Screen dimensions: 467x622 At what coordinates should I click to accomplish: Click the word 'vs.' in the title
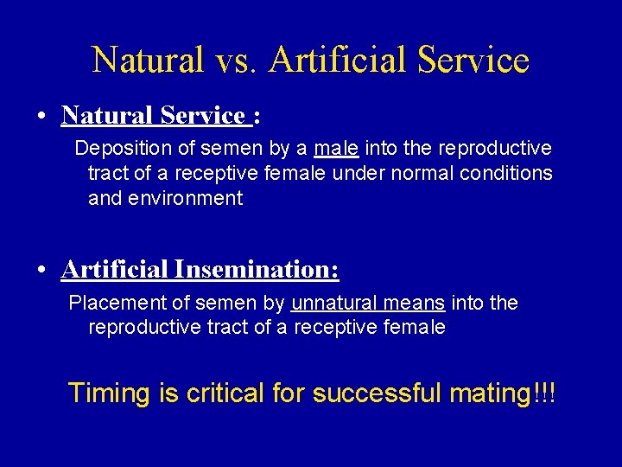[x=237, y=60]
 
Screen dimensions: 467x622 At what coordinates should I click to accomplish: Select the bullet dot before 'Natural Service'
[x=42, y=116]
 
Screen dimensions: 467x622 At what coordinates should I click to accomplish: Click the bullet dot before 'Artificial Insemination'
[x=42, y=271]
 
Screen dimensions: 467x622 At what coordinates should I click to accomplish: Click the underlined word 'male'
[x=336, y=149]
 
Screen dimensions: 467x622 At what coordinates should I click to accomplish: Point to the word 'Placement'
[x=111, y=304]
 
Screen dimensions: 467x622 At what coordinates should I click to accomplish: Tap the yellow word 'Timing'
[x=109, y=393]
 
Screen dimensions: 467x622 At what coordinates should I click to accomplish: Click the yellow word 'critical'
[x=225, y=393]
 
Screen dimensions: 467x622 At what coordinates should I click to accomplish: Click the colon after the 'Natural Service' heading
[x=257, y=116]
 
